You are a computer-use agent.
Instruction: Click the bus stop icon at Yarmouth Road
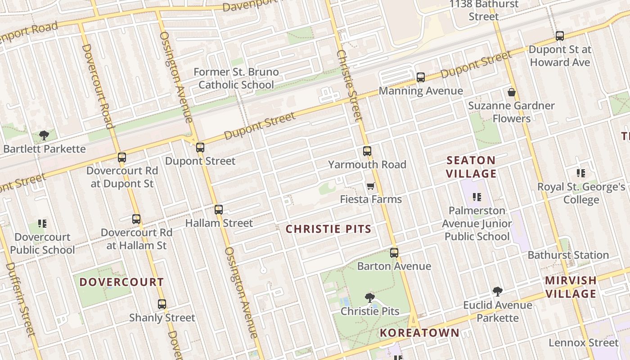pos(367,151)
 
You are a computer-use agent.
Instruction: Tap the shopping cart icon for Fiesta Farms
pos(370,186)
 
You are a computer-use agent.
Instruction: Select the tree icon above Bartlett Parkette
pos(44,135)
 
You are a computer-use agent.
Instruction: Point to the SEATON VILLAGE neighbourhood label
pos(471,167)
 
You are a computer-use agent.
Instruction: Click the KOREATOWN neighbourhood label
pos(419,333)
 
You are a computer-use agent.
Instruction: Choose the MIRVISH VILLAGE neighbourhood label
pos(570,287)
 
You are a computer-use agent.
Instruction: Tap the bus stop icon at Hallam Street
pos(219,209)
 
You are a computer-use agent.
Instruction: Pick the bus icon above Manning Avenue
pos(420,77)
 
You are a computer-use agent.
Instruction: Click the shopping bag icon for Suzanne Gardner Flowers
pos(511,93)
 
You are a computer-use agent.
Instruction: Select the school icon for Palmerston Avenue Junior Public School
pos(477,197)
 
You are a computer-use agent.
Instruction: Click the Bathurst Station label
pos(568,255)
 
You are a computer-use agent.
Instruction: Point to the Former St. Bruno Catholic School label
pos(236,78)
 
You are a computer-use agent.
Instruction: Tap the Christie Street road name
pos(349,85)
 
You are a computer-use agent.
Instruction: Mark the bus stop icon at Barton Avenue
pos(394,252)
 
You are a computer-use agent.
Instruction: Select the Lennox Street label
pos(583,343)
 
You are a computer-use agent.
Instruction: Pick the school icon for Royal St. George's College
pos(581,173)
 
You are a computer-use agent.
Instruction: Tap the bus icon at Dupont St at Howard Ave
pos(559,36)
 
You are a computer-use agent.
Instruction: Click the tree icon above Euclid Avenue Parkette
pos(497,292)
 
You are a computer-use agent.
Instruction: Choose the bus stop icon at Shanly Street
pos(162,304)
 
